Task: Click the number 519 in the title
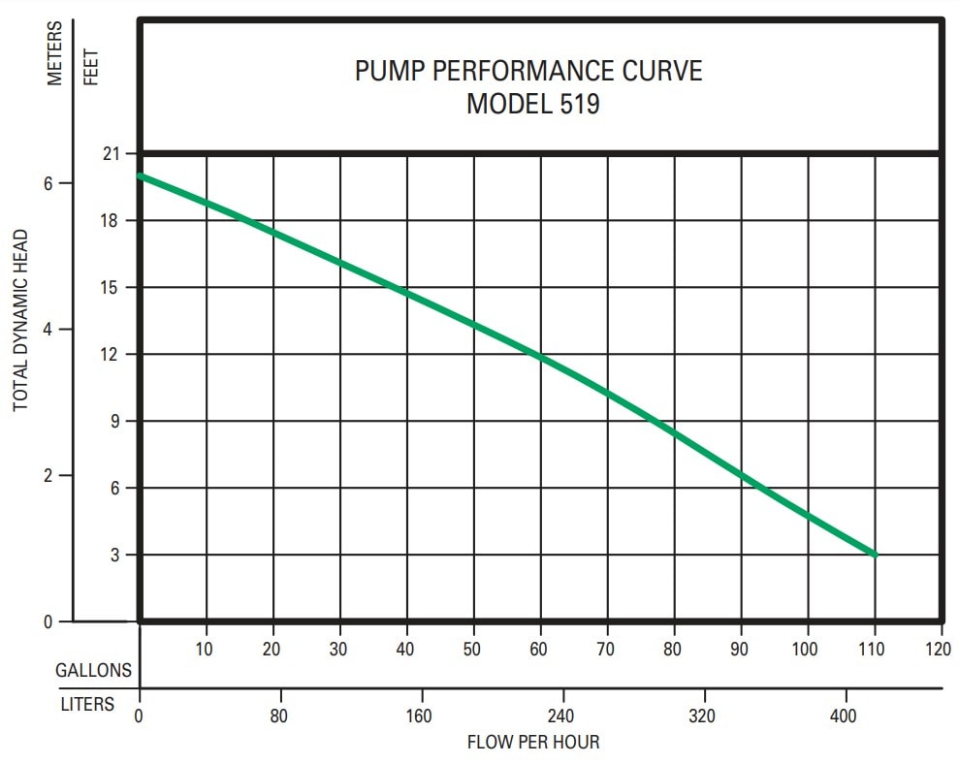point(579,104)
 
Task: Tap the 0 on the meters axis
point(48,621)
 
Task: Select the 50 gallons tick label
point(471,649)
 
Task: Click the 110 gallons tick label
point(871,649)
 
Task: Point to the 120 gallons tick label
point(938,649)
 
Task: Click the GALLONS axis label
point(93,670)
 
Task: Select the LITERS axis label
point(87,704)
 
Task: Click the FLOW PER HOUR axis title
point(533,743)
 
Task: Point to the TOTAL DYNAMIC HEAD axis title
point(20,319)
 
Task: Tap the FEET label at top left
point(91,66)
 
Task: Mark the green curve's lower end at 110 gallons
point(875,555)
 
